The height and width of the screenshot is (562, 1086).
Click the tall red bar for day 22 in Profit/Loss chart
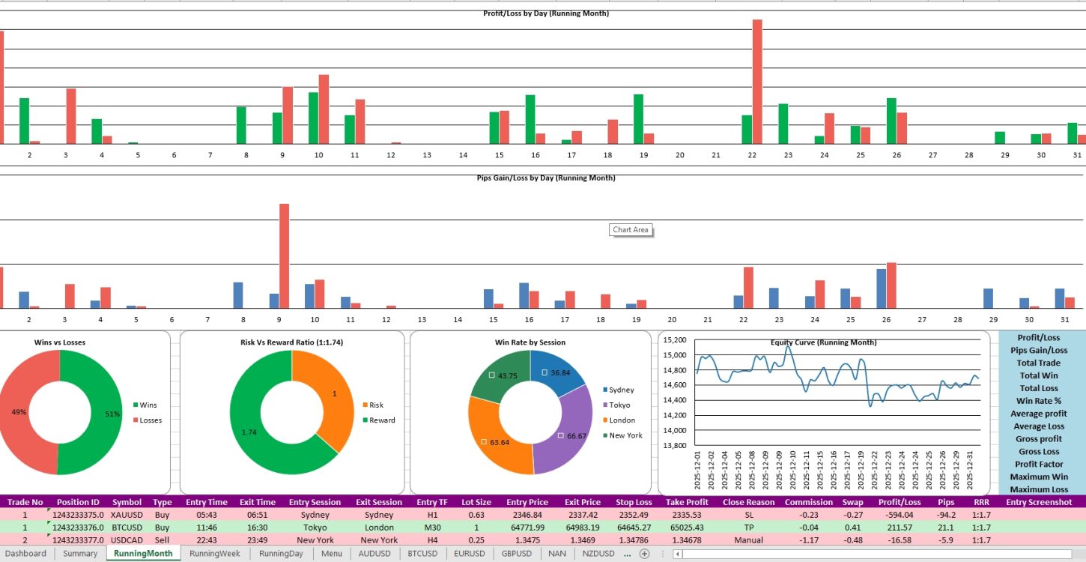[757, 81]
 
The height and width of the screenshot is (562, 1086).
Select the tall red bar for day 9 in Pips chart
[284, 256]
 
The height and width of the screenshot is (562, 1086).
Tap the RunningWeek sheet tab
[214, 554]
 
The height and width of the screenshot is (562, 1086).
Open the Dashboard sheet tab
[25, 554]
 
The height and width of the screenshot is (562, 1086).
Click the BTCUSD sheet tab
[422, 554]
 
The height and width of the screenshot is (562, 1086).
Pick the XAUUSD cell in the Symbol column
[126, 515]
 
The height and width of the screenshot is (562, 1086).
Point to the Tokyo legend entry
[619, 405]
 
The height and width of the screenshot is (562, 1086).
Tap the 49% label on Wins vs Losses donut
[19, 412]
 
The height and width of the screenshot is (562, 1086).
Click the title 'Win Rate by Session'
[530, 342]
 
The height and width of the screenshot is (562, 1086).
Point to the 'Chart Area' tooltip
[630, 230]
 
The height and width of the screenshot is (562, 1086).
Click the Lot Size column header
[476, 502]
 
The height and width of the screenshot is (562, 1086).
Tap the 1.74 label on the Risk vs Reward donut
[249, 432]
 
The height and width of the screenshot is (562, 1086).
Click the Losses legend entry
[150, 420]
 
